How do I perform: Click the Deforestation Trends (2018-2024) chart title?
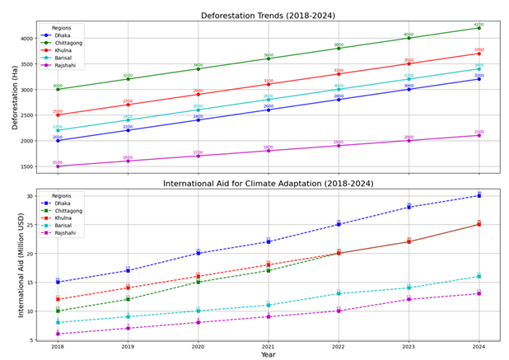(x=268, y=16)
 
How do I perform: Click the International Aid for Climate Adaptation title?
(x=268, y=183)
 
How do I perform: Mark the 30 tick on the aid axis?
(x=40, y=196)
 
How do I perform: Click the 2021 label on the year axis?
(x=268, y=348)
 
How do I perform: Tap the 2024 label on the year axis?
(x=479, y=348)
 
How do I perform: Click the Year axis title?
(x=268, y=356)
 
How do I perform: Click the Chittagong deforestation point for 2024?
(x=479, y=28)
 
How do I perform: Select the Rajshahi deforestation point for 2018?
(x=58, y=166)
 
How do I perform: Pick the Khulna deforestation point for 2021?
(x=268, y=84)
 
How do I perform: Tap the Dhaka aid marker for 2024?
(x=479, y=196)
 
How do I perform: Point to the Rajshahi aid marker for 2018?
(x=58, y=334)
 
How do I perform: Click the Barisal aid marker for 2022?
(x=339, y=293)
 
